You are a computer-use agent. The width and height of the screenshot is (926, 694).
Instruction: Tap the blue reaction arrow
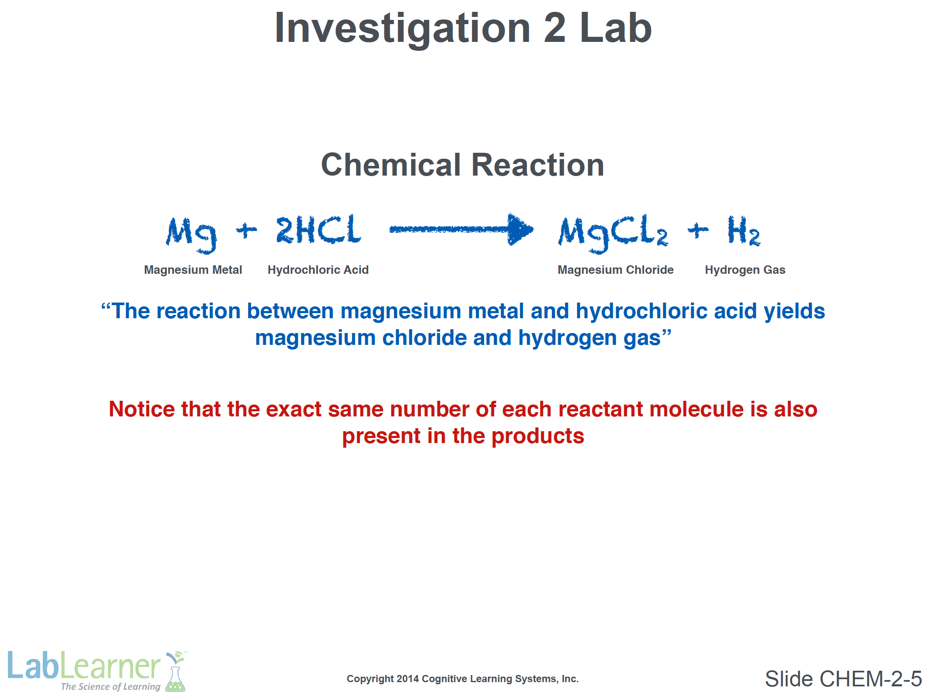click(461, 229)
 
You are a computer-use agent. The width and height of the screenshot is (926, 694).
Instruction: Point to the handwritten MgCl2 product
click(613, 234)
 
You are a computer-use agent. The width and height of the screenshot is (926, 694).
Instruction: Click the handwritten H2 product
click(744, 231)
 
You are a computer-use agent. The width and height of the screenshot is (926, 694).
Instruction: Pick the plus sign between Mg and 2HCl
click(246, 230)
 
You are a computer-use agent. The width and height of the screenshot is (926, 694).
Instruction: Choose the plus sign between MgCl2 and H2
click(698, 230)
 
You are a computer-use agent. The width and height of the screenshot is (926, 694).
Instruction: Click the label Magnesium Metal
click(193, 270)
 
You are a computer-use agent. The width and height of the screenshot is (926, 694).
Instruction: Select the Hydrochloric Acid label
click(318, 270)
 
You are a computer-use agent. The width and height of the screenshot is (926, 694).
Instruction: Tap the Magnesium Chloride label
click(615, 270)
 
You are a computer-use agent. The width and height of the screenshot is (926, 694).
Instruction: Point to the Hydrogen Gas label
click(745, 270)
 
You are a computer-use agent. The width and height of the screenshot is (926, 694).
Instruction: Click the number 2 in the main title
click(554, 28)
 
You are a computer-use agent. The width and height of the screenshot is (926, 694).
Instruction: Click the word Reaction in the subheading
click(538, 165)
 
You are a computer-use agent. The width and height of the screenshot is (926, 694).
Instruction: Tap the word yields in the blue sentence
click(794, 311)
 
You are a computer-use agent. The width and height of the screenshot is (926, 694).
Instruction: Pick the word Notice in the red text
click(142, 409)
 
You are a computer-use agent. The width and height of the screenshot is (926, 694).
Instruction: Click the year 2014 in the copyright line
click(408, 679)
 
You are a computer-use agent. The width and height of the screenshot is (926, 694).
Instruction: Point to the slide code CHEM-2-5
click(871, 679)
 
